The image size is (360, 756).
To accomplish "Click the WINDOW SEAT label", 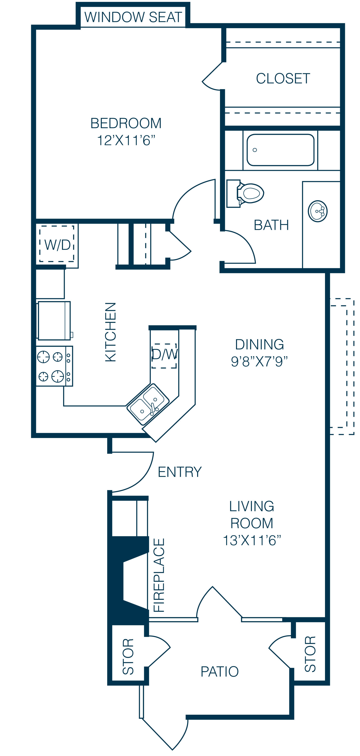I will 133,17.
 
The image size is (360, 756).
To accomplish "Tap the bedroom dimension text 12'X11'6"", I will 126,140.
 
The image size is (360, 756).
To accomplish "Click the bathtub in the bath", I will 281,150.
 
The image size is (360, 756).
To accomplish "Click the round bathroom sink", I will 318,211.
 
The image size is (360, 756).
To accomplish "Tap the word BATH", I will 271,225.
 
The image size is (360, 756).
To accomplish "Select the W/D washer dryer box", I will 57,244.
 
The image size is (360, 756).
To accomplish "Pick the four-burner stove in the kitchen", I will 54,366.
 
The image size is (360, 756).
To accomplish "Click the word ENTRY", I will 179,472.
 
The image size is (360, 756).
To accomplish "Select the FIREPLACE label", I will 159,575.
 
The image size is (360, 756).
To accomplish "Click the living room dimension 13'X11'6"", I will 252,540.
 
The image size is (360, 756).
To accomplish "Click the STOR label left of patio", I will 128,656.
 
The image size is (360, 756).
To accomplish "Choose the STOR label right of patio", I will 310,654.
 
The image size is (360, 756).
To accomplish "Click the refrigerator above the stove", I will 54,320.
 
